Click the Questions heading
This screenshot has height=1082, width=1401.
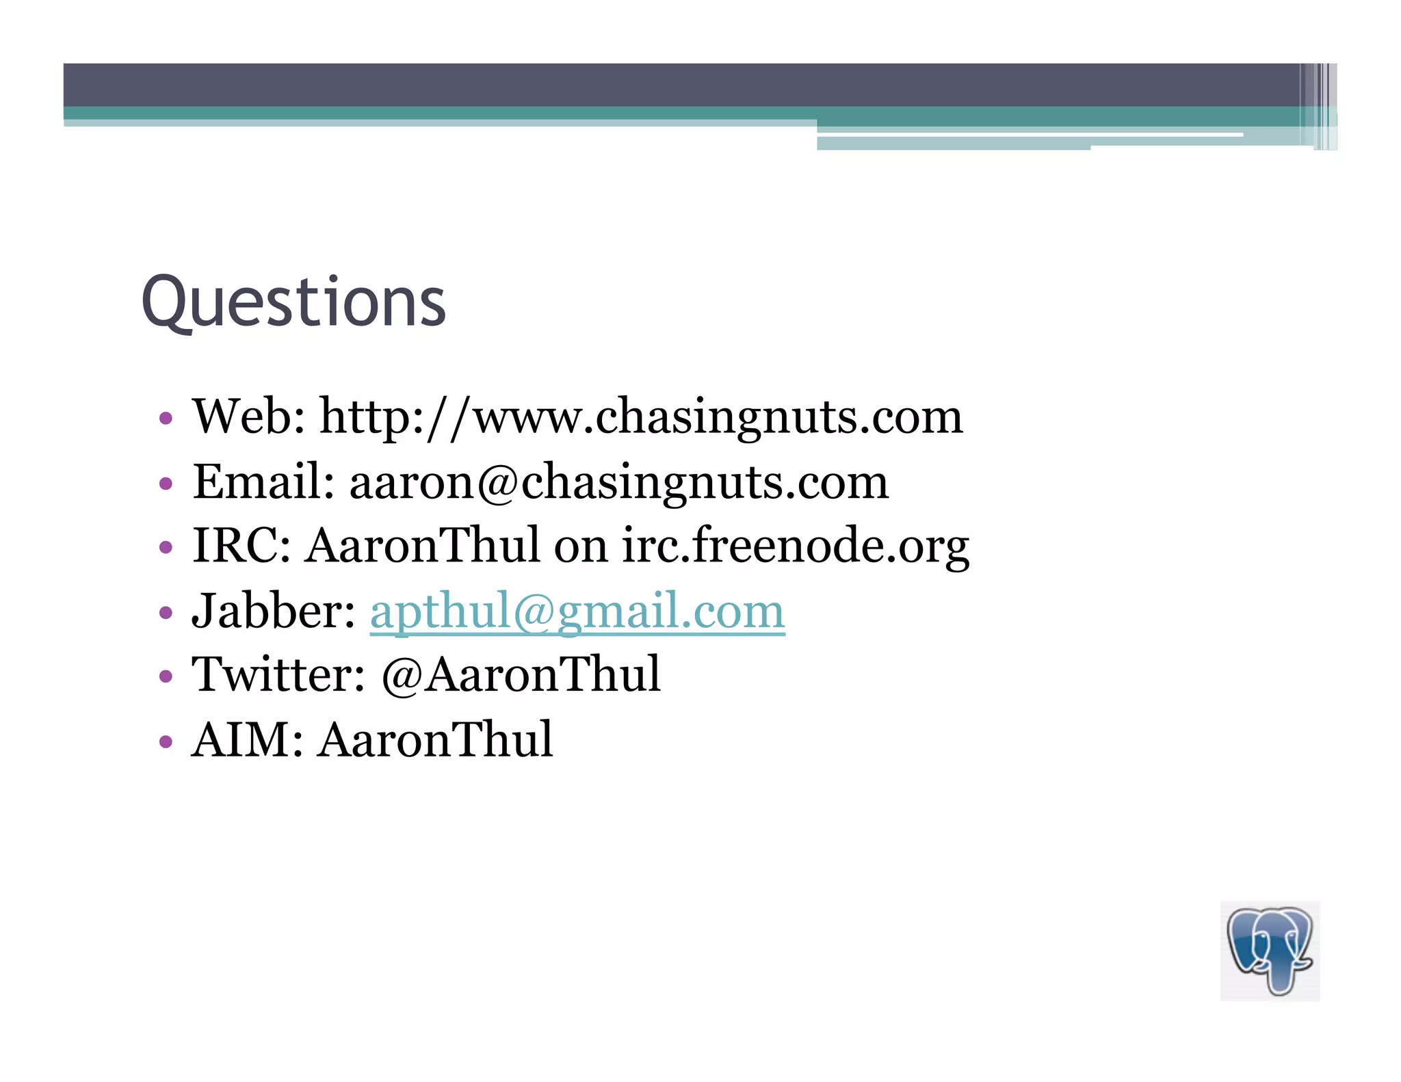coord(293,303)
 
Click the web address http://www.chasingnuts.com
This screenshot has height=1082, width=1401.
coord(641,417)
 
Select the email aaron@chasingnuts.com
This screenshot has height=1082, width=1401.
coord(618,481)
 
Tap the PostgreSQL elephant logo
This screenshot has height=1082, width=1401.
coord(1270,951)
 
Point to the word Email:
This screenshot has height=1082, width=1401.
coord(263,481)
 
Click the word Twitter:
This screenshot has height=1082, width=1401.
coord(278,675)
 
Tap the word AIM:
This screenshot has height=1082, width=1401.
coord(247,740)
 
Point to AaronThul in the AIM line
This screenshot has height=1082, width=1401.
coord(435,740)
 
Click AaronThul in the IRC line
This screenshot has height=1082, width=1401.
coord(422,546)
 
